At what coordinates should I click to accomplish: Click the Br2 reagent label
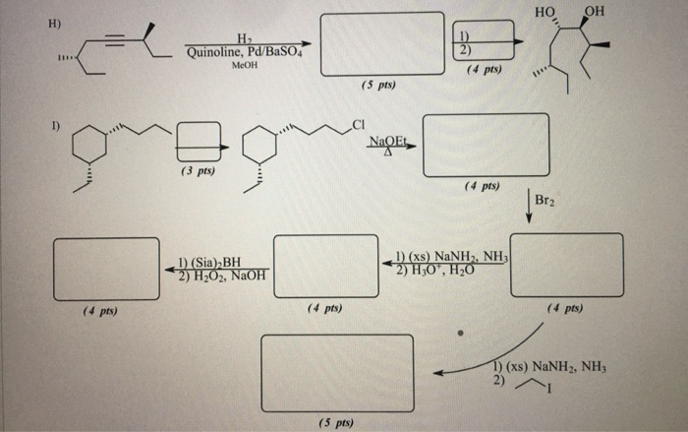click(546, 201)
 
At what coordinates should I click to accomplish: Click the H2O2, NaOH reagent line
click(216, 277)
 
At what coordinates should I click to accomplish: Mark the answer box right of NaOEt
click(486, 145)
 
